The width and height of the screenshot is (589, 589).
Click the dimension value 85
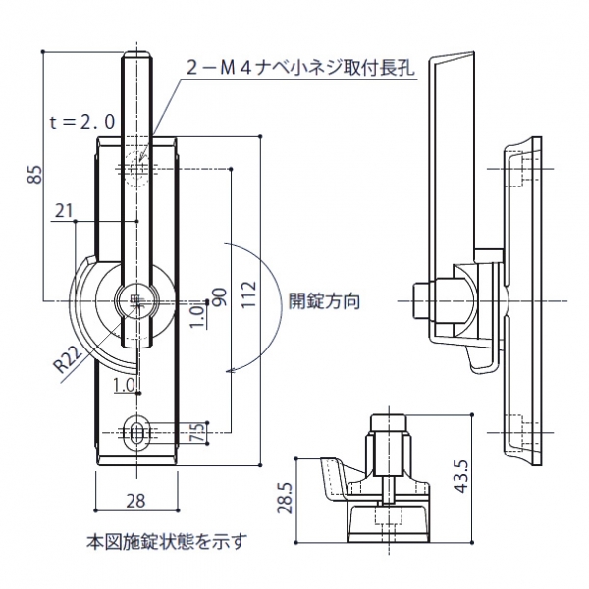[36, 175]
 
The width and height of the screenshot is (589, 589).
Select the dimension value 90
[218, 297]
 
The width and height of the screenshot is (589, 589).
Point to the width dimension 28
[135, 500]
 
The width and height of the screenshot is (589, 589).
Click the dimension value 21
[65, 210]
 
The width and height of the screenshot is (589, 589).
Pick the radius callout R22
[66, 359]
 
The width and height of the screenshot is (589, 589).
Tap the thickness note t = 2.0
[82, 120]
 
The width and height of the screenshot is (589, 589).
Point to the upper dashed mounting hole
[136, 169]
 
